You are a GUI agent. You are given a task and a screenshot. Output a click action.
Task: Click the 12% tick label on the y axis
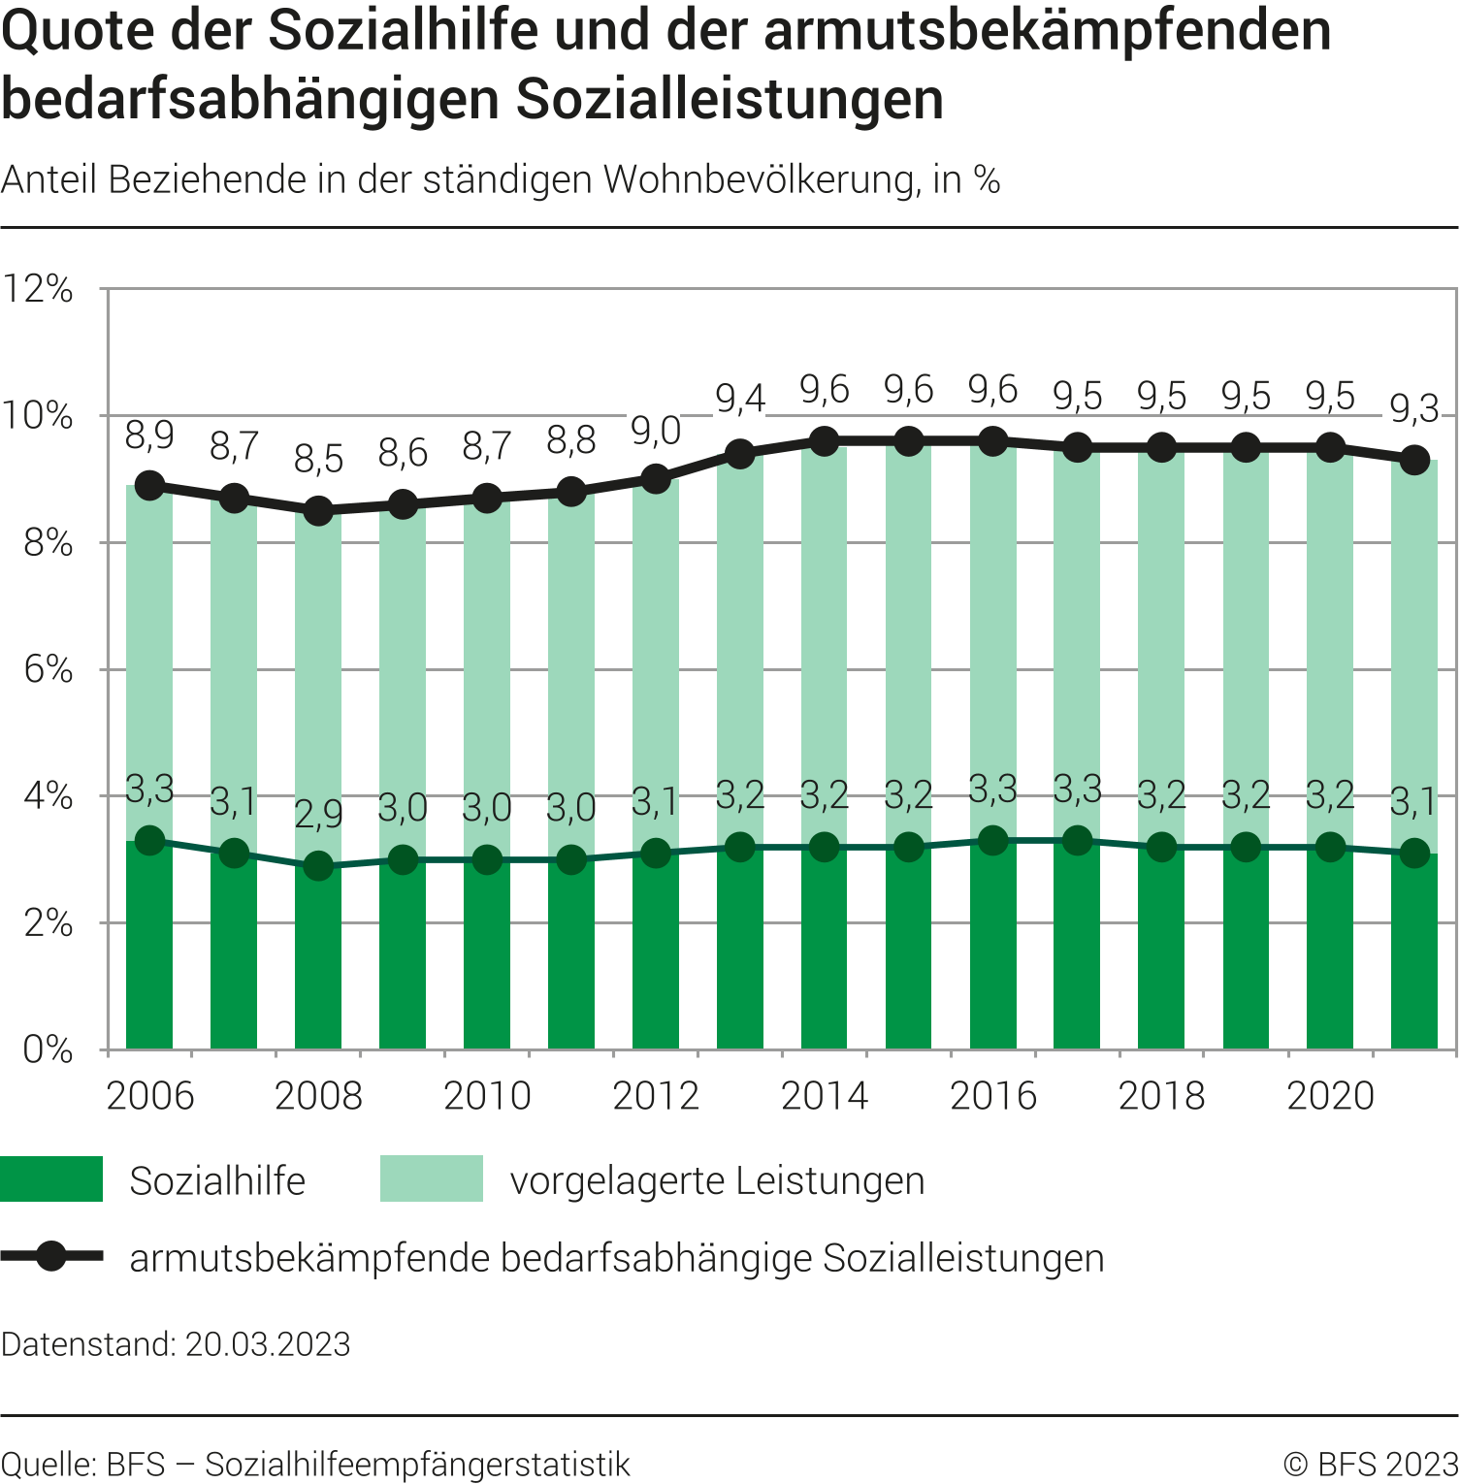(x=39, y=289)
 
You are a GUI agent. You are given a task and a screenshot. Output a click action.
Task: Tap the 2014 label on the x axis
(x=824, y=1096)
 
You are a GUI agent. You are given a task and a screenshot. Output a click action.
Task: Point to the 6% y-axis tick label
(x=48, y=669)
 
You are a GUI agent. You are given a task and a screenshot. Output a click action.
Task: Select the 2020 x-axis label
(x=1330, y=1096)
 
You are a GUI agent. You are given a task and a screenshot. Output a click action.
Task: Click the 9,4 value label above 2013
(x=740, y=399)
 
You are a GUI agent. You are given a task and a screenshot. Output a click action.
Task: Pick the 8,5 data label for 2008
(x=318, y=459)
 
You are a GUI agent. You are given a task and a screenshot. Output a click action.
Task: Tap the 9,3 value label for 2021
(x=1413, y=409)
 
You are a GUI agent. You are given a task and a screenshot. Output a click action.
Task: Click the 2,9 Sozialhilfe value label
(x=318, y=814)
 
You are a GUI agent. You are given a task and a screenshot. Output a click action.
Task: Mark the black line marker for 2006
(x=149, y=486)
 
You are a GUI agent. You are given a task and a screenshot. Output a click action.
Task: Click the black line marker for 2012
(x=656, y=479)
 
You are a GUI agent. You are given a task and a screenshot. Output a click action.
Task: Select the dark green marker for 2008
(x=318, y=866)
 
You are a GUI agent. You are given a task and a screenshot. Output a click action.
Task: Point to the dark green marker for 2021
(x=1414, y=854)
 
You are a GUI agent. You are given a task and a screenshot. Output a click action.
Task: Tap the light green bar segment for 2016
(x=992, y=640)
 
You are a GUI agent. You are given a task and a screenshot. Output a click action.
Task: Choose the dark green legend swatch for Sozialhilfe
(x=51, y=1179)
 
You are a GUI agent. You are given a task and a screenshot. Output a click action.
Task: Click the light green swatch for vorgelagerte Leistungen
(x=431, y=1179)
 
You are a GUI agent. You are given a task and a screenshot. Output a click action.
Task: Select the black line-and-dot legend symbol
(x=51, y=1257)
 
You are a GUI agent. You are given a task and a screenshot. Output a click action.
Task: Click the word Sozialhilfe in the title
(x=403, y=31)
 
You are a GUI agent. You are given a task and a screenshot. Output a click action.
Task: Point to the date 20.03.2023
(x=268, y=1344)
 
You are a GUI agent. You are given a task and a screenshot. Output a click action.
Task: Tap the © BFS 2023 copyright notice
(x=1370, y=1465)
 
